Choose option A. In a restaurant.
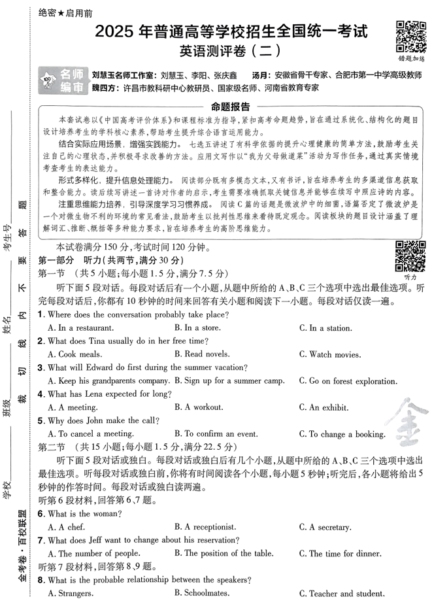click(81, 328)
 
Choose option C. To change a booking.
click(346, 434)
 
